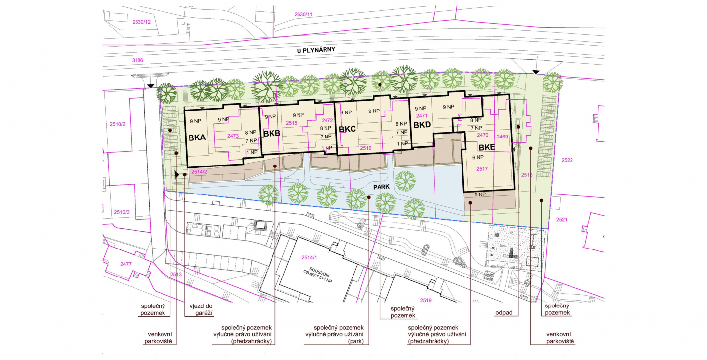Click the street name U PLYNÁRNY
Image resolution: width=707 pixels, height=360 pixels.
pyautogui.click(x=316, y=50)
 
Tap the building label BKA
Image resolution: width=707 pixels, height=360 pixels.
pyautogui.click(x=197, y=138)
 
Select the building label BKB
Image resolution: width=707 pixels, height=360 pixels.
pyautogui.click(x=272, y=134)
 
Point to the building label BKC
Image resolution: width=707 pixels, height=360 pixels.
pyautogui.click(x=347, y=129)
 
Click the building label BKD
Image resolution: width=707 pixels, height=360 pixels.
pyautogui.click(x=422, y=125)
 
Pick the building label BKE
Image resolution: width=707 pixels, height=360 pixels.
pyautogui.click(x=487, y=147)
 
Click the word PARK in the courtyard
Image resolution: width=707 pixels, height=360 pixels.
pyautogui.click(x=381, y=187)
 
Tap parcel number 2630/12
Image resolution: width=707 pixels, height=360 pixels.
pyautogui.click(x=141, y=22)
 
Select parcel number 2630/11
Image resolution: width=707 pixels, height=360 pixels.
pyautogui.click(x=303, y=14)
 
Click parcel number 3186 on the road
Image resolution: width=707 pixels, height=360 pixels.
pyautogui.click(x=137, y=60)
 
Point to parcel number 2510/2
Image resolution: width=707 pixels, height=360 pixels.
pyautogui.click(x=117, y=124)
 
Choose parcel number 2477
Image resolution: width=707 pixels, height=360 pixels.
pyautogui.click(x=126, y=264)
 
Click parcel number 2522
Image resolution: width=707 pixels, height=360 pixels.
pyautogui.click(x=567, y=160)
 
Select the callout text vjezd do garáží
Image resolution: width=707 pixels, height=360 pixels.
pyautogui.click(x=201, y=309)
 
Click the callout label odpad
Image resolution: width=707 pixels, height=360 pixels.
pyautogui.click(x=504, y=313)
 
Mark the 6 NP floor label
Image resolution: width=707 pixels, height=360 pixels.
pyautogui.click(x=478, y=157)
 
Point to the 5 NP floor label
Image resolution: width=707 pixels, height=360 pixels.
pyautogui.click(x=480, y=194)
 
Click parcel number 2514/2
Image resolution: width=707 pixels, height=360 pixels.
pyautogui.click(x=199, y=172)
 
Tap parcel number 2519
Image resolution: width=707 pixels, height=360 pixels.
pyautogui.click(x=426, y=300)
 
